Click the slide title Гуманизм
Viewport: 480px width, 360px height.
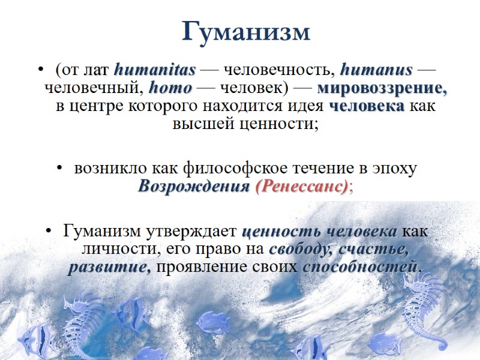(x=246, y=32)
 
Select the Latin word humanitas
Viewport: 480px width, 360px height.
(x=155, y=70)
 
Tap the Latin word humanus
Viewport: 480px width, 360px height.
(x=376, y=70)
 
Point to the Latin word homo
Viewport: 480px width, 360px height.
(x=170, y=88)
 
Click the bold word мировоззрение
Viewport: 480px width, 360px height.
(x=382, y=88)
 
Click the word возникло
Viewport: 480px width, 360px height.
(x=105, y=168)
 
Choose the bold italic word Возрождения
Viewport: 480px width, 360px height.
(x=194, y=187)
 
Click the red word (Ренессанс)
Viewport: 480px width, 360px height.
(x=301, y=187)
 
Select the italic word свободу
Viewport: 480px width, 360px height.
(x=301, y=248)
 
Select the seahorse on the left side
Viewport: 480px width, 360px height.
(x=81, y=324)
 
